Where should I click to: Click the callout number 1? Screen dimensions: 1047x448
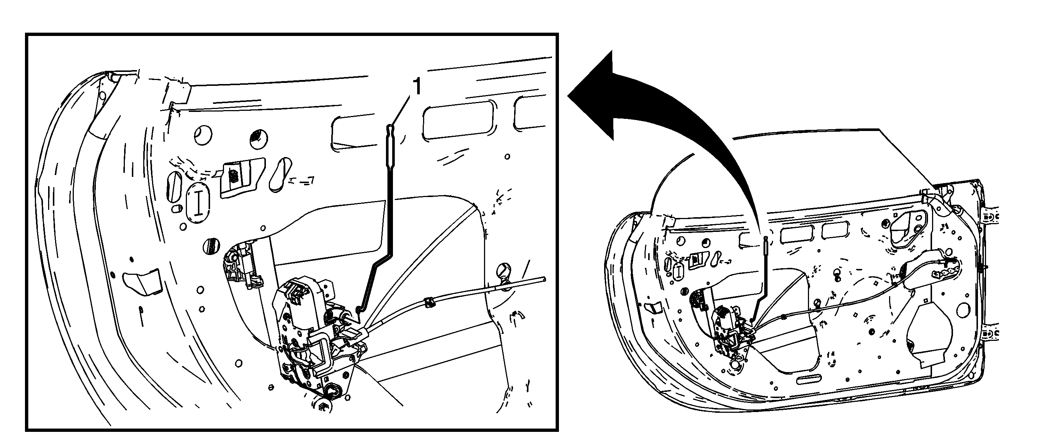click(417, 87)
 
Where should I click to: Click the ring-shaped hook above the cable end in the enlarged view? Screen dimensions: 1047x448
click(505, 271)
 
